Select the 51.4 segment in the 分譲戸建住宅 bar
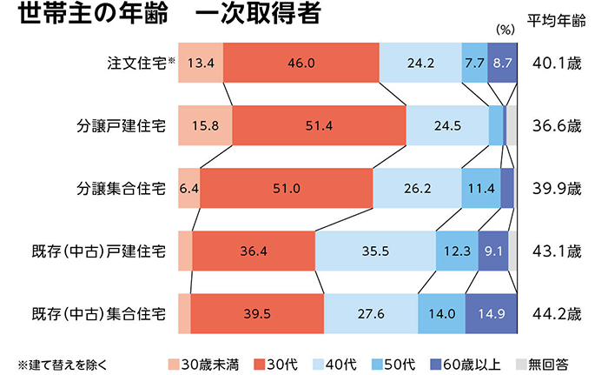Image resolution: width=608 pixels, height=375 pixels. coord(319,126)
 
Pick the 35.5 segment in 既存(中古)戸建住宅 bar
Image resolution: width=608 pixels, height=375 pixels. coord(374,251)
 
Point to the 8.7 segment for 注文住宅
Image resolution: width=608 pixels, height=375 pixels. coord(502,63)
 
